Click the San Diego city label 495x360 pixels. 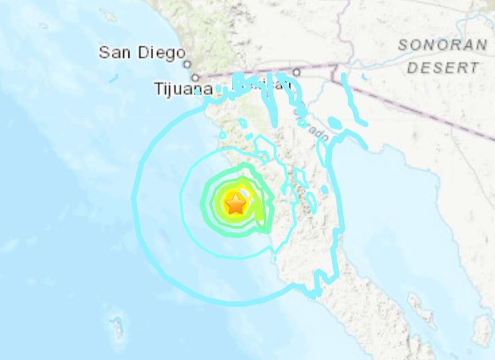(142, 53)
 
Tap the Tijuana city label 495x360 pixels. (183, 89)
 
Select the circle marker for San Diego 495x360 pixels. (187, 65)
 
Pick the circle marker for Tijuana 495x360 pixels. (196, 77)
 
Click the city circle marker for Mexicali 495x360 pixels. (297, 71)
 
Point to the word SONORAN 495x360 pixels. (442, 45)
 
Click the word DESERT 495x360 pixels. (443, 68)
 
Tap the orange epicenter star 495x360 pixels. (236, 203)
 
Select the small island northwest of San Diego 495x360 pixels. (110, 16)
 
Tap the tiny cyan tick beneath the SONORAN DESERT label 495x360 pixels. (364, 77)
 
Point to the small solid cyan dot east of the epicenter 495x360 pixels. (324, 189)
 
